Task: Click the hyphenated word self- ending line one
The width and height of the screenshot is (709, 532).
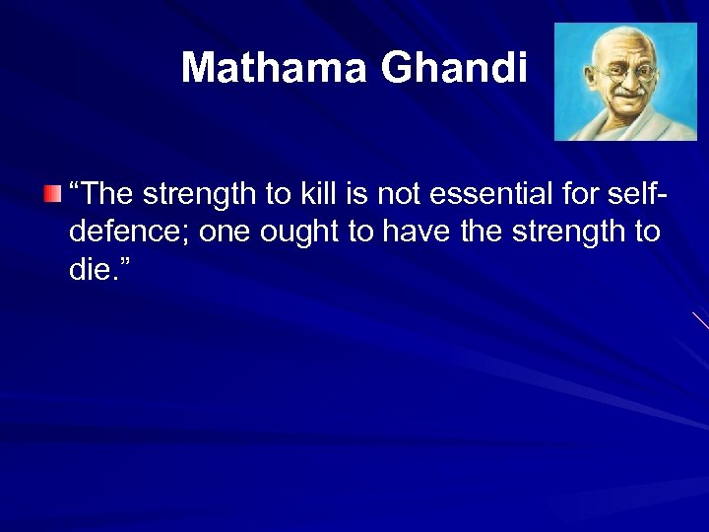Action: coord(638,195)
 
